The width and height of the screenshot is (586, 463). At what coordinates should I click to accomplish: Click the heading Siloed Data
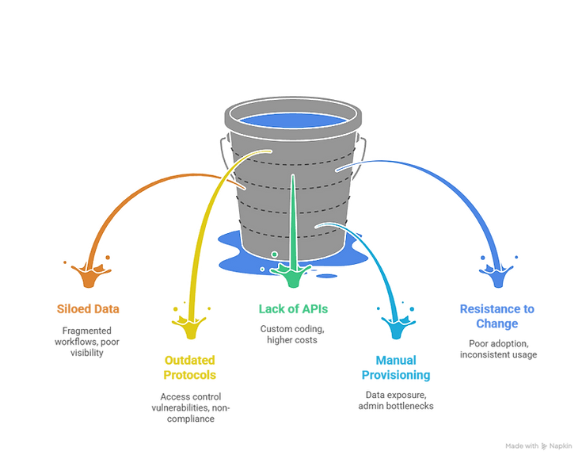coord(88,308)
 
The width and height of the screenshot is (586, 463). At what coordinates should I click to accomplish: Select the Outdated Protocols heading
coord(190,368)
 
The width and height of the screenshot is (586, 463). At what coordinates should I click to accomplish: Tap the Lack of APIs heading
coord(293,308)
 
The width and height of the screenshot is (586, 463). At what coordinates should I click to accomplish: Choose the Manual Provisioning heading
coord(396,368)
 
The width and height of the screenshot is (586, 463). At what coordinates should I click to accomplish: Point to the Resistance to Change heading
coord(497,316)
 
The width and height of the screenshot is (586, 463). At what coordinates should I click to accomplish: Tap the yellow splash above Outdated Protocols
coord(190,327)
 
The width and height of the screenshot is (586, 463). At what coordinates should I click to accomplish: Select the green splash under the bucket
coord(293,276)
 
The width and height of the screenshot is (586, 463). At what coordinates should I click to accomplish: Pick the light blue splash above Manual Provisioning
coord(398,327)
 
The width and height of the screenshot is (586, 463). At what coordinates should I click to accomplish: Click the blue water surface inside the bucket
coord(293,121)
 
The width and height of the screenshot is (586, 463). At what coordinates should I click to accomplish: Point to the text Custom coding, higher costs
coord(292,335)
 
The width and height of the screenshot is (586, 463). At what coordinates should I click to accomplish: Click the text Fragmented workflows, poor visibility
coord(87,342)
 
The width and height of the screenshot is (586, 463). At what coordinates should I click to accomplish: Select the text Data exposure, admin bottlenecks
coord(396,400)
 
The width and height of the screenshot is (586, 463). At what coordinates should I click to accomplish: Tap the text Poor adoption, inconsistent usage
coord(499,349)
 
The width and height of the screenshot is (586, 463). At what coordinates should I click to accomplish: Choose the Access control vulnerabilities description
coord(191,408)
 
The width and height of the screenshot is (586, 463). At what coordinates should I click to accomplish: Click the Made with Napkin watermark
coord(538,446)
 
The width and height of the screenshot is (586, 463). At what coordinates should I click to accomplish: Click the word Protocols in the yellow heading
coord(190,375)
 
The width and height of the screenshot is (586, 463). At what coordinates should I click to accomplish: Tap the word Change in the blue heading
coord(497,323)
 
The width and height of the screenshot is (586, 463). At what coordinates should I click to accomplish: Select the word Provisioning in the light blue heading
coord(396,375)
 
